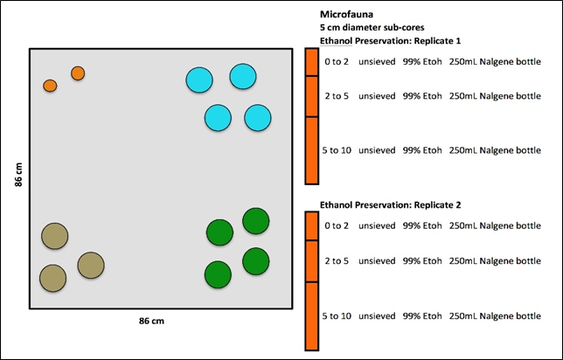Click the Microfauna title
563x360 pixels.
tap(347, 15)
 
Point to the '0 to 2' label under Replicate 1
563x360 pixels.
tap(337, 61)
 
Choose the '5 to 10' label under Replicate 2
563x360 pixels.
tap(337, 315)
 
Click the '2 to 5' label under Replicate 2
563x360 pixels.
tap(337, 260)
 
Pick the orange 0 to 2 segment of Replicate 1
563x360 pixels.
tap(310, 62)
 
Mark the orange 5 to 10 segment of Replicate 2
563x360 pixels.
tap(310, 316)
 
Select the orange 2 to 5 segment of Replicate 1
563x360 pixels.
tap(310, 96)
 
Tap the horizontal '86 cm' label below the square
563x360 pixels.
tap(151, 321)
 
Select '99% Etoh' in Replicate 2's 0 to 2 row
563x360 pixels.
tap(421, 225)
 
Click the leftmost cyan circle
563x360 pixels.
tap(200, 80)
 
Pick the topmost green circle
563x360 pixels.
tap(255, 221)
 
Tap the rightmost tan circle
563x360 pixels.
tap(91, 265)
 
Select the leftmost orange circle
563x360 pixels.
tap(50, 86)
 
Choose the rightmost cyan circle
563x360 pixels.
tap(257, 117)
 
